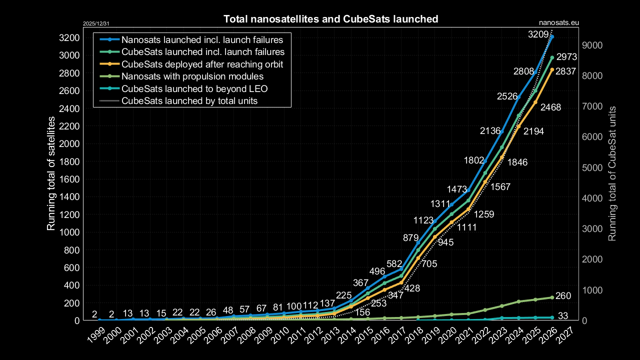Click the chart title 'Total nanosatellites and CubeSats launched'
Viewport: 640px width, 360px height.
pyautogui.click(x=330, y=19)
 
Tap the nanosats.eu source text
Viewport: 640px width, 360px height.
pyautogui.click(x=559, y=22)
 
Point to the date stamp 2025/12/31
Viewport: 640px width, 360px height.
pyautogui.click(x=95, y=23)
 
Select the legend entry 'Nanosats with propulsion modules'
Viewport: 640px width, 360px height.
pyautogui.click(x=192, y=76)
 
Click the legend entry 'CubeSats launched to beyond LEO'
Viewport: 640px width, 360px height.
pyautogui.click(x=194, y=89)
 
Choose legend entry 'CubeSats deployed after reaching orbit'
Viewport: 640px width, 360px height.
pyautogui.click(x=202, y=64)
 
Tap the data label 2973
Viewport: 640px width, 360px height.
pyautogui.click(x=567, y=57)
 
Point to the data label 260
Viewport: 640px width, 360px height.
pyautogui.click(x=563, y=296)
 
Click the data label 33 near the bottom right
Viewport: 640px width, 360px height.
pyautogui.click(x=562, y=315)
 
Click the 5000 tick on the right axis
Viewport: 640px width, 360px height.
pyautogui.click(x=592, y=167)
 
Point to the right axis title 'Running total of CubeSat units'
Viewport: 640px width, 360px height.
pyautogui.click(x=612, y=173)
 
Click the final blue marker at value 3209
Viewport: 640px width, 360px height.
pyautogui.click(x=551, y=36)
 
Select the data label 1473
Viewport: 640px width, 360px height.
pyautogui.click(x=459, y=189)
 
